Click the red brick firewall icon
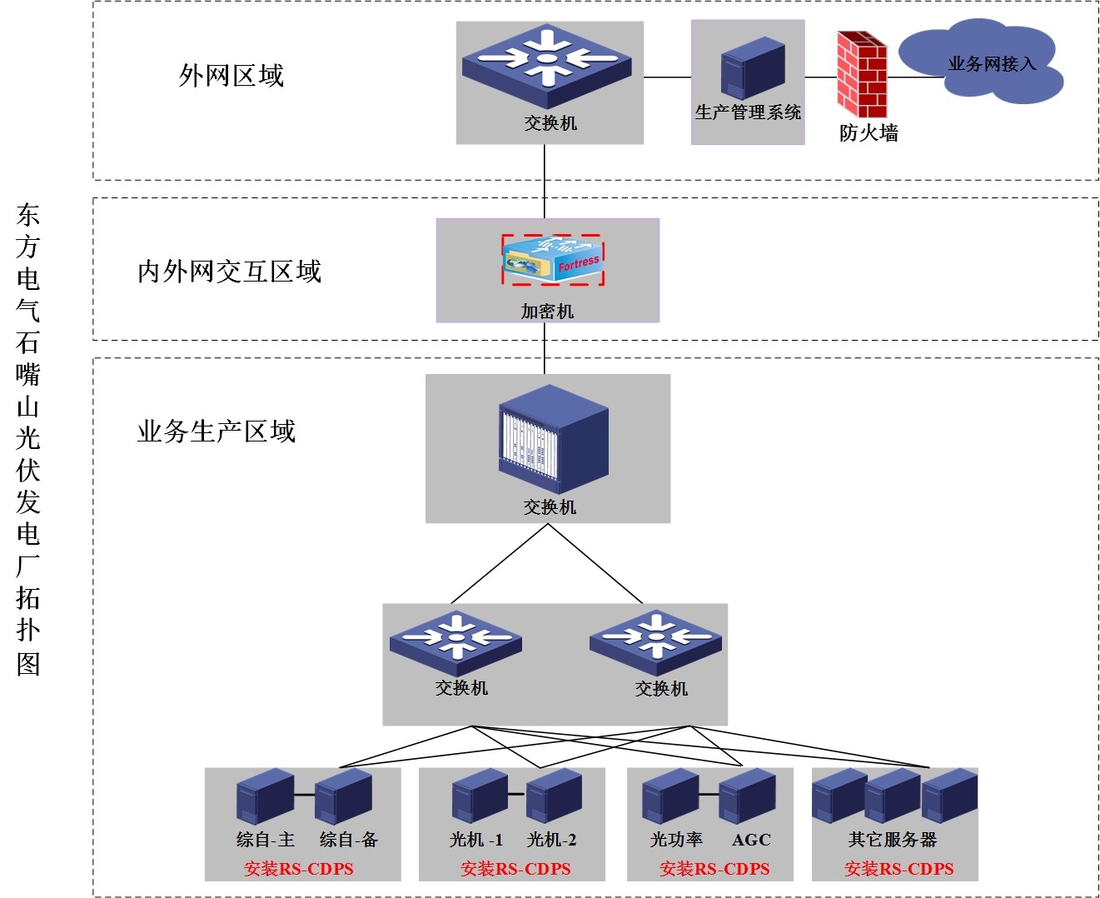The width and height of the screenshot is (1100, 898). click(861, 75)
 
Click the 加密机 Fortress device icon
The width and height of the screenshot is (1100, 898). click(553, 260)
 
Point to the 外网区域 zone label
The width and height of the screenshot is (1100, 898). click(231, 76)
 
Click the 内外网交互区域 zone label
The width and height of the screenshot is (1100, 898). click(229, 272)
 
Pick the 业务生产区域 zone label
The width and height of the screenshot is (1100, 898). click(217, 432)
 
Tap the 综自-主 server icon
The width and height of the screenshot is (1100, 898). click(265, 796)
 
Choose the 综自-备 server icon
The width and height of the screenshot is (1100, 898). click(343, 796)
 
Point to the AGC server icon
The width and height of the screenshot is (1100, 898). click(747, 796)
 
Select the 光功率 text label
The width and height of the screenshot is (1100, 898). click(676, 840)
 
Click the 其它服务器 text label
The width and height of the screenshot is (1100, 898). click(893, 840)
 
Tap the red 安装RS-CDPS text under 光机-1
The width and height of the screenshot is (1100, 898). click(515, 869)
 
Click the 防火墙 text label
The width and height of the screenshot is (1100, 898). click(869, 133)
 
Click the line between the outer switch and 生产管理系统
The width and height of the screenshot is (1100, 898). click(667, 77)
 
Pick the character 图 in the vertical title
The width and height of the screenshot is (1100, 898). click(28, 664)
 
